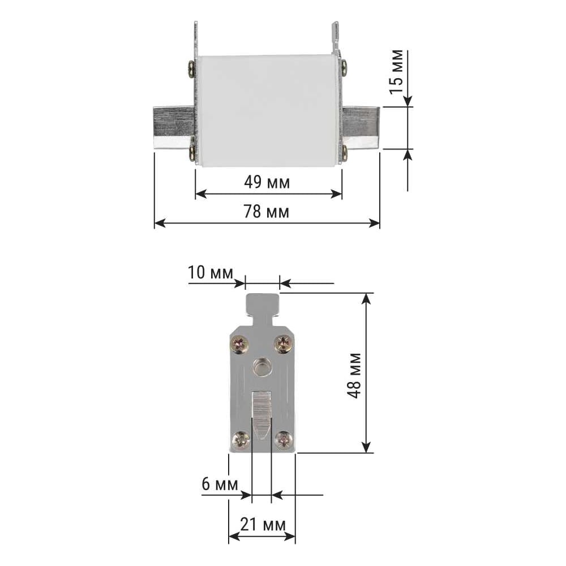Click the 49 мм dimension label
click(267, 182)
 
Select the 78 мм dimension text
click(267, 212)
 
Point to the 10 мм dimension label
click(211, 273)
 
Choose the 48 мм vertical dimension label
click(354, 375)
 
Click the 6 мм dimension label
click(220, 484)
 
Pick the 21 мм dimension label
click(263, 525)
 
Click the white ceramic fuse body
click(268, 110)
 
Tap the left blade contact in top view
click(174, 127)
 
